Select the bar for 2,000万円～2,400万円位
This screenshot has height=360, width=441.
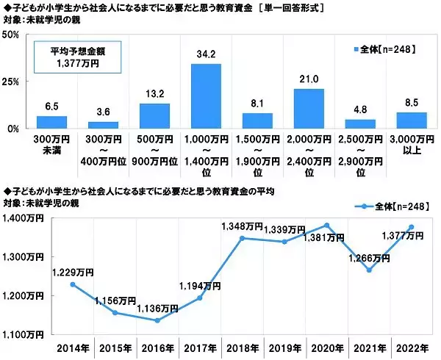[x=309, y=108]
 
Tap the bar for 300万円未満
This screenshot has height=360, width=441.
[x=51, y=122]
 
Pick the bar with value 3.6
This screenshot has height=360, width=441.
[x=103, y=124]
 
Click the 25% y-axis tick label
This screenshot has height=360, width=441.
[x=16, y=82]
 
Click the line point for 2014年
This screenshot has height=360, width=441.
[x=73, y=284]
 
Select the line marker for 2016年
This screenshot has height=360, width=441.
[x=157, y=320]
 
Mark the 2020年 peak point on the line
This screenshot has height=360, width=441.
[x=326, y=225]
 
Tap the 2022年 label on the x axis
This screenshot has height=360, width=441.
[x=411, y=347]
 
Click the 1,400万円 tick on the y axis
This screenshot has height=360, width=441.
[x=24, y=218]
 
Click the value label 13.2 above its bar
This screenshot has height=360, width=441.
[x=154, y=93]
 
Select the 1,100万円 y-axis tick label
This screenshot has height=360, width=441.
[x=24, y=334]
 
